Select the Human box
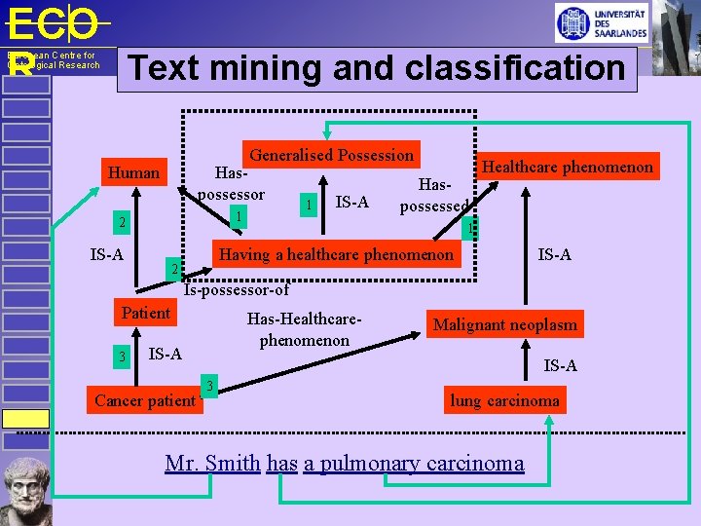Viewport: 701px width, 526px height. pyautogui.click(x=134, y=172)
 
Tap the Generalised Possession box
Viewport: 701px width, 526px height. pyautogui.click(x=332, y=155)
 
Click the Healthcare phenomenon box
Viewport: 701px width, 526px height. pyautogui.click(x=568, y=167)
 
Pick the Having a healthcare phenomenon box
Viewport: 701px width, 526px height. pyautogui.click(x=337, y=255)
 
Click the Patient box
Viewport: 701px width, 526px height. pyautogui.click(x=146, y=313)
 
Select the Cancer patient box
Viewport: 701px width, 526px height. pyautogui.click(x=145, y=400)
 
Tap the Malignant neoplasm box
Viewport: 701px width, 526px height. pyautogui.click(x=504, y=324)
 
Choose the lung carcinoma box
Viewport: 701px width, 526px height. pyautogui.click(x=504, y=400)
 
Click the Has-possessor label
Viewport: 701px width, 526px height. pyautogui.click(x=232, y=183)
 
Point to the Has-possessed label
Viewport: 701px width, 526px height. pyautogui.click(x=434, y=195)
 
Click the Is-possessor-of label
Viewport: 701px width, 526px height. pyautogui.click(x=237, y=289)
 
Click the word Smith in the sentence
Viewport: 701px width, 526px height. pyautogui.click(x=233, y=463)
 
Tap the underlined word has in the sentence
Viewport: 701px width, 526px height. pyautogui.click(x=281, y=463)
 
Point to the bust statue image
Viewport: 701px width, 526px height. pyautogui.click(x=25, y=491)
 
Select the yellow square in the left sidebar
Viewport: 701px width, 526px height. pyautogui.click(x=25, y=419)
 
